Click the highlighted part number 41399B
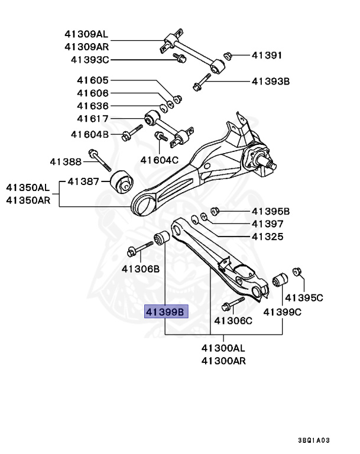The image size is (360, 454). (x=166, y=312)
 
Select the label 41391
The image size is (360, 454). (x=267, y=56)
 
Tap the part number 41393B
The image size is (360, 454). (x=270, y=82)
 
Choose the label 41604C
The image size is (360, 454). (x=159, y=160)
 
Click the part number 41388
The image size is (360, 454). (x=65, y=161)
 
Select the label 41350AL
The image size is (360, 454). (x=28, y=187)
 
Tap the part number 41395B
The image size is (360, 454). (x=270, y=211)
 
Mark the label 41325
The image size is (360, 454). (x=267, y=236)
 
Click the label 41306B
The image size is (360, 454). (x=141, y=269)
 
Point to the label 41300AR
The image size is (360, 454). (x=223, y=360)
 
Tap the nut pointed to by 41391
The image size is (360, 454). (x=226, y=56)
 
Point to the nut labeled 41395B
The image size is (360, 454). (x=216, y=211)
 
